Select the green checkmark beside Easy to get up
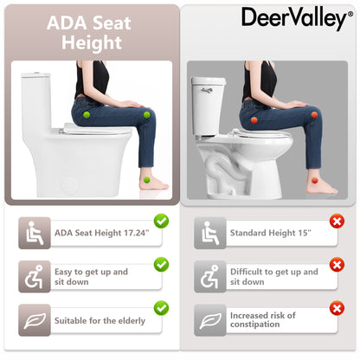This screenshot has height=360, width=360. [x=161, y=263]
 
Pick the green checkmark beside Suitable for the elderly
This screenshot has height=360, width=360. [x=161, y=307]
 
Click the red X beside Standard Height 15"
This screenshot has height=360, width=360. [x=337, y=221]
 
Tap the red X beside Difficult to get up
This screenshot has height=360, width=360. [x=337, y=263]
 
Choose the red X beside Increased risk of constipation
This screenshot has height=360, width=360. [x=337, y=307]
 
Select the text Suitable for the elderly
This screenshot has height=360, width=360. [x=100, y=321]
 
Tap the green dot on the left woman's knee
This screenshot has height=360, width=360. [x=146, y=114]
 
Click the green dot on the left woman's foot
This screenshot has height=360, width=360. [x=148, y=180]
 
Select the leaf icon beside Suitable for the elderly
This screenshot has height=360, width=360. [x=35, y=321]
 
